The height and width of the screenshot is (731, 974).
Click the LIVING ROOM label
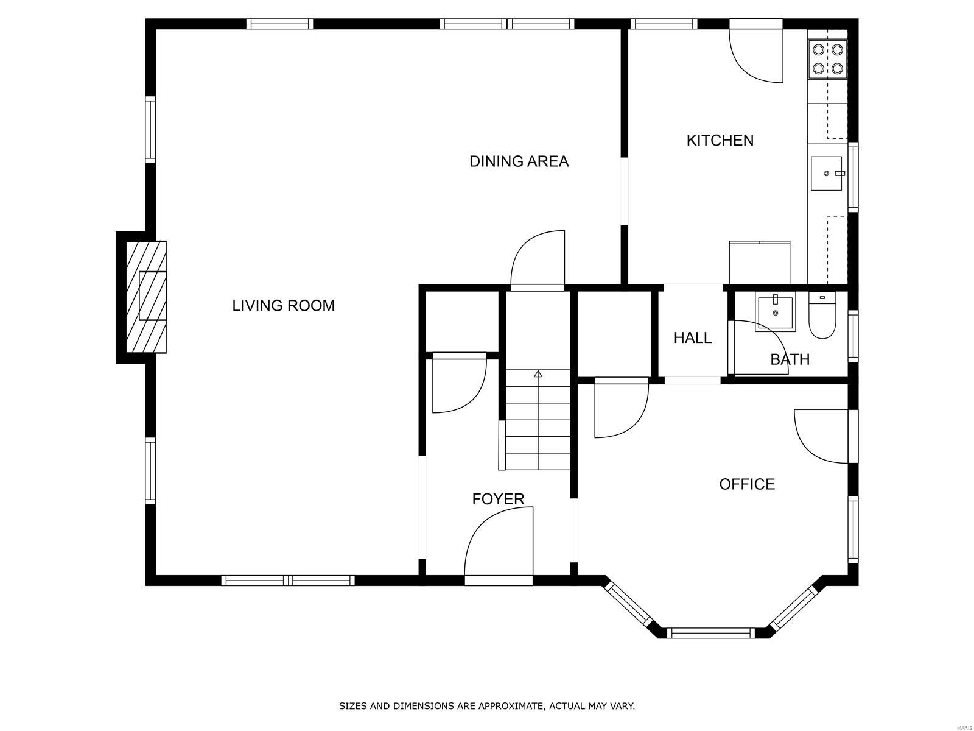[x=283, y=305]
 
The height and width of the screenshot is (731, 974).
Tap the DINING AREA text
[x=519, y=161]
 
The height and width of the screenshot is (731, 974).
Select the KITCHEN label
[x=720, y=140]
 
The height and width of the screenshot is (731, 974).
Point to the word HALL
[x=692, y=337]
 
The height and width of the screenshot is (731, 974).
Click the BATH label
[x=790, y=359]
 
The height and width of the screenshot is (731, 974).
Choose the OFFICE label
[x=747, y=484]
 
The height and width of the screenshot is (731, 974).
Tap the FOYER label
[x=498, y=499]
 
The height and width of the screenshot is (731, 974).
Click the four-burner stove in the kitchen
[x=827, y=59]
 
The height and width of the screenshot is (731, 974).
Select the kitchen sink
[x=826, y=173]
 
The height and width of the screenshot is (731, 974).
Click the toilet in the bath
[x=822, y=315]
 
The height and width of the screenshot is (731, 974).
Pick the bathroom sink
[x=775, y=313]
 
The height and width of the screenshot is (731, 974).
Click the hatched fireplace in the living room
[x=146, y=297]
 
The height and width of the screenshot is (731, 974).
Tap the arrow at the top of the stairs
[x=538, y=373]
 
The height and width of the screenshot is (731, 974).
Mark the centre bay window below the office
[x=711, y=633]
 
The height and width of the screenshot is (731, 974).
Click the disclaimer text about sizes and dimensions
[x=487, y=693]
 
